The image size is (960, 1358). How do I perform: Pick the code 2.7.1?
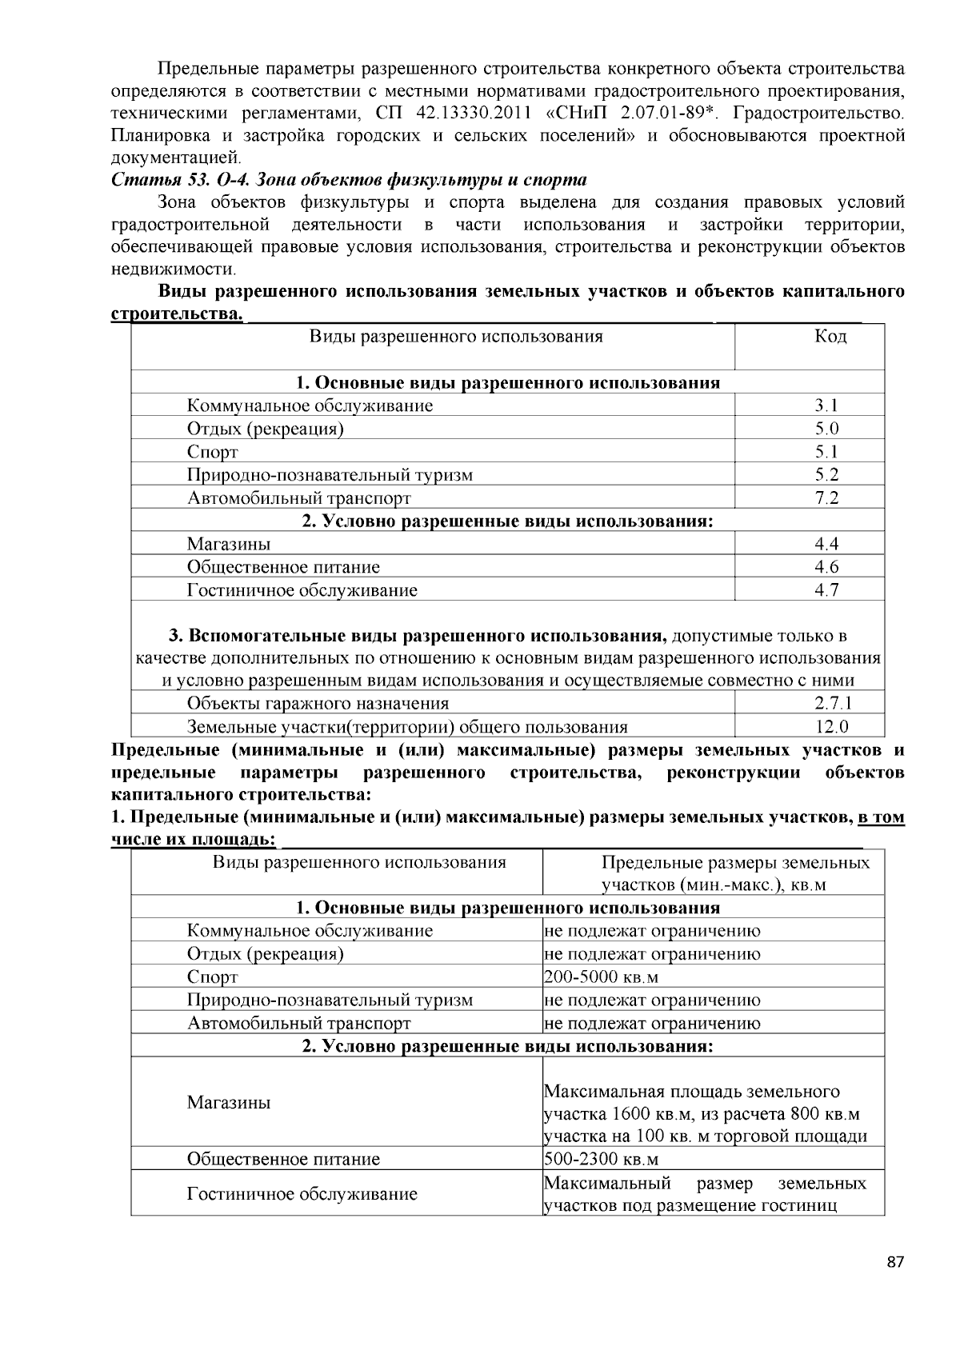(832, 704)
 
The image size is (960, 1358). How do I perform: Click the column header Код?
(830, 337)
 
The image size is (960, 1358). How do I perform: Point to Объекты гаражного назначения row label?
(318, 704)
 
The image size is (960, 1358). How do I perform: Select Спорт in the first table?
(212, 452)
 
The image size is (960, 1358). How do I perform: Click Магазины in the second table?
(229, 1103)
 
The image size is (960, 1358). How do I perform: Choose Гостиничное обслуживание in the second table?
(302, 1194)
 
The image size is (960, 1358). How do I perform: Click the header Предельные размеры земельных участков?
(734, 873)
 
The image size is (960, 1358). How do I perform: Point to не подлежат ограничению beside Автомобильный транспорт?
(652, 1023)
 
